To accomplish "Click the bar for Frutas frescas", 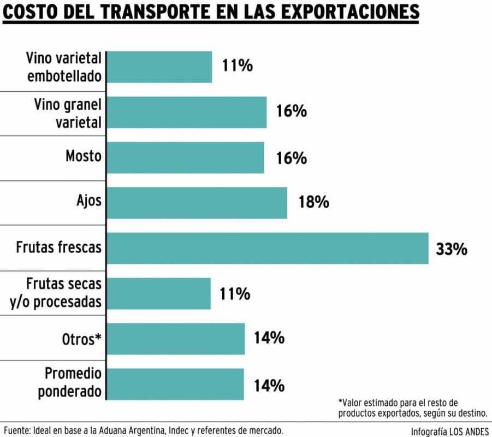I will [268, 248].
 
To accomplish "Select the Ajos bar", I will [197, 203].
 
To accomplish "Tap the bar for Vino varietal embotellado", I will [159, 67].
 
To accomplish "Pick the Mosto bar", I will [186, 157].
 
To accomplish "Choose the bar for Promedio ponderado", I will [175, 383].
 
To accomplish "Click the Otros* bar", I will [176, 339].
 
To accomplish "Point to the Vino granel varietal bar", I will [187, 112].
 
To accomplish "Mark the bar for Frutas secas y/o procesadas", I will [159, 293].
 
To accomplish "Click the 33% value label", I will [452, 249].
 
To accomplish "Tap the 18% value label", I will [313, 203].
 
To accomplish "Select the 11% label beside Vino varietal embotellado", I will [237, 66].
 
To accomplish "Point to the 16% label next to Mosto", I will [291, 158].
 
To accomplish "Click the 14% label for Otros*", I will [269, 338].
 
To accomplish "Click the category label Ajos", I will [89, 200].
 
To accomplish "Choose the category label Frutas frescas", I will [58, 247].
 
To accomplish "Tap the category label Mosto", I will [84, 156].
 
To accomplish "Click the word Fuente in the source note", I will [18, 430].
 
